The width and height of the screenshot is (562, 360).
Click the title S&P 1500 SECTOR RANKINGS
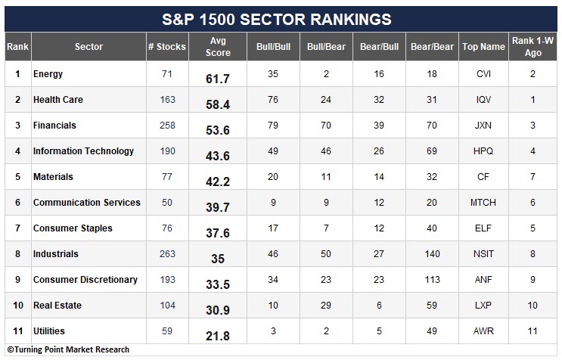coord(276,20)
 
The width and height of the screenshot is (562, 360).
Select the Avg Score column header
coord(218,47)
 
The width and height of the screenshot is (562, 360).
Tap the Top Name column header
coord(483,47)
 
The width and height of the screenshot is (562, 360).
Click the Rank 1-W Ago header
coord(533,47)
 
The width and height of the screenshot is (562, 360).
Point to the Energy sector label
coord(48,74)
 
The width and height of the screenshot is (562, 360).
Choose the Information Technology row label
coord(83,151)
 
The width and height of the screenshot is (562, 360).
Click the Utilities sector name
coord(49,331)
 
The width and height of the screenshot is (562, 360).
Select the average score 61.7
coord(218,79)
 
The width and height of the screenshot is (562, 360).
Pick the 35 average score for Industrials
coord(218,259)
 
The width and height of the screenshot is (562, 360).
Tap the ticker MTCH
coord(483,203)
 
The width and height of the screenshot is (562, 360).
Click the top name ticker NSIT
coord(483,254)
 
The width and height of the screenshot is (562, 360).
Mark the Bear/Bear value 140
coord(432,254)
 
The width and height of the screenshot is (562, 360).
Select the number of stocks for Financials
coord(167,126)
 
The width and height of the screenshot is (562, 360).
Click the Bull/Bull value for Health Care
coord(273,100)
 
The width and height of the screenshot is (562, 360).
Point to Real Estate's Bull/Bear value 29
coord(326,306)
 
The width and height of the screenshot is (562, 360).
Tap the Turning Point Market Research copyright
coord(68,349)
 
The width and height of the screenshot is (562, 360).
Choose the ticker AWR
coord(483,331)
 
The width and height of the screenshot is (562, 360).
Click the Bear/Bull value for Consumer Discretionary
coord(379,279)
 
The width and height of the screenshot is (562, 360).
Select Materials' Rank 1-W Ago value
coord(533,177)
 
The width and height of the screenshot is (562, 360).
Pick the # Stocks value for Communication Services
coord(167,203)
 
